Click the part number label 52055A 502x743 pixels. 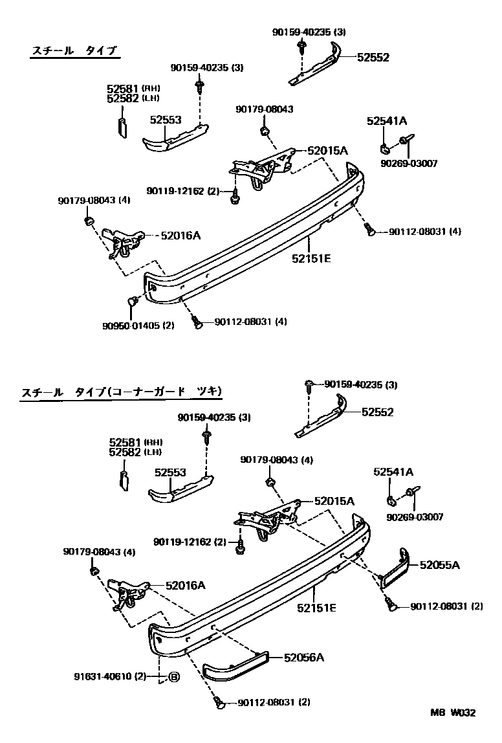coord(439,565)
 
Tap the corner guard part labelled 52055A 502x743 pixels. coord(395,568)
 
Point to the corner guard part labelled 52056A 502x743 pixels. coord(235,667)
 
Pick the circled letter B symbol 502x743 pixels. coord(173,677)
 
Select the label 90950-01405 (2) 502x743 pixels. coord(138,325)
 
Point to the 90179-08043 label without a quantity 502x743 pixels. coord(264,109)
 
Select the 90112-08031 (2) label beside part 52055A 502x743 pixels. coord(446,606)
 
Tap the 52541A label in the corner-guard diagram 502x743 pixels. coord(393,472)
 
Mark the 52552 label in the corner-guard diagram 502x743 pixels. coord(378,412)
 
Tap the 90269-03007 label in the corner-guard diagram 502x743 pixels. coord(415,516)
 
